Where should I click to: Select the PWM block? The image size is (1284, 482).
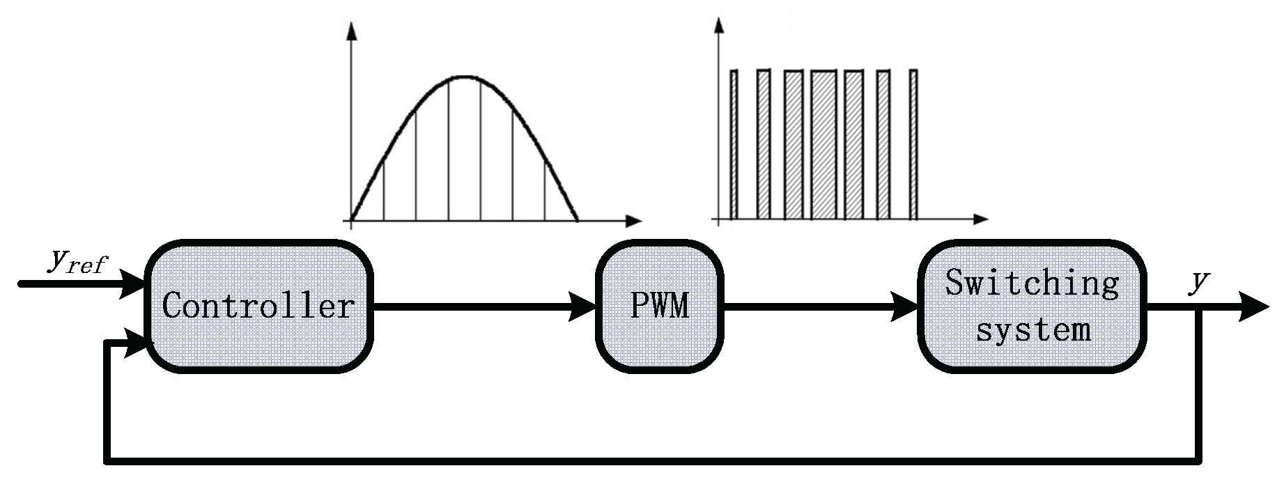(x=659, y=306)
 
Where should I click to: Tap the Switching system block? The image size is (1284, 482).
(x=1032, y=306)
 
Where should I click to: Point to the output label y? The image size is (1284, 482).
(x=1199, y=283)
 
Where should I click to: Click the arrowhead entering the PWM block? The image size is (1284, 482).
(x=584, y=306)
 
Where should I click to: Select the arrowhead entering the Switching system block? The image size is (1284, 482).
(x=904, y=306)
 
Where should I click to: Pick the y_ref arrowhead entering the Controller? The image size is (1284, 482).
(x=132, y=284)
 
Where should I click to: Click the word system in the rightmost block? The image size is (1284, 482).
(x=1033, y=328)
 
